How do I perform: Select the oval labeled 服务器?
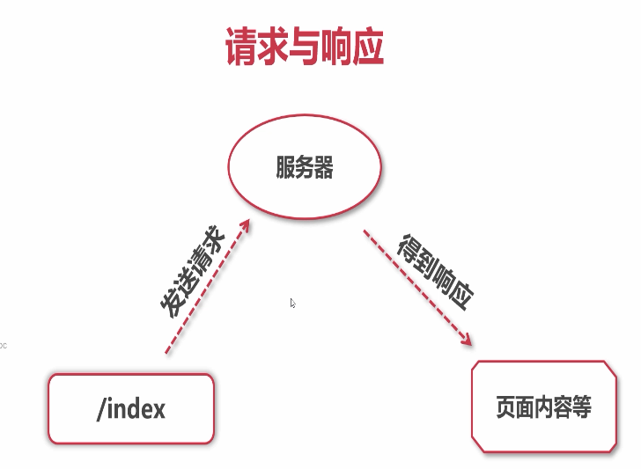[305, 167]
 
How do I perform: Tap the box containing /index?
[131, 408]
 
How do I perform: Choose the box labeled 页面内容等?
[543, 407]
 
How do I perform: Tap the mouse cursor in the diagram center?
[293, 304]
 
